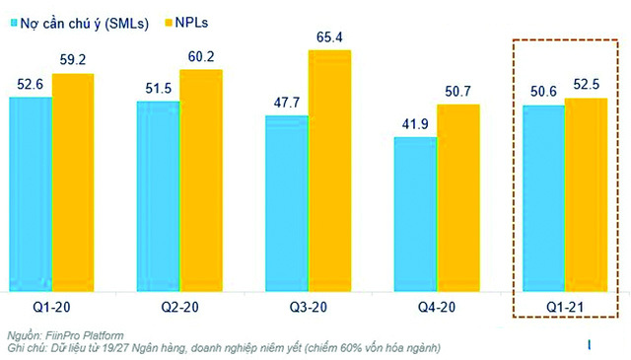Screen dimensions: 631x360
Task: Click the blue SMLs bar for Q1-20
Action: pos(31,194)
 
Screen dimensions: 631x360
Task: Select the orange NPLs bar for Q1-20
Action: pos(73,182)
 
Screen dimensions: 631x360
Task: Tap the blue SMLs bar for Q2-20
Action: pos(158,196)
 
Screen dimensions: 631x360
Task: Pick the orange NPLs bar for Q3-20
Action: pos(329,171)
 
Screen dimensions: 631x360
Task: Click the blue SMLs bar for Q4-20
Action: pos(415,214)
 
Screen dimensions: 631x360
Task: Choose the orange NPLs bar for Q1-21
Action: pos(587,194)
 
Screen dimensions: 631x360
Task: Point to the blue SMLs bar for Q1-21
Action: pos(543,198)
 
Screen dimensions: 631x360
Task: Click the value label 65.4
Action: pos(329,37)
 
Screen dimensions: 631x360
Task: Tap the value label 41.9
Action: pos(415,124)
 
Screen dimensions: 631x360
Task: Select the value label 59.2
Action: pos(73,60)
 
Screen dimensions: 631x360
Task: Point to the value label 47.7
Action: pos(287,103)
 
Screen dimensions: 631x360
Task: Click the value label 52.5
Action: pos(587,85)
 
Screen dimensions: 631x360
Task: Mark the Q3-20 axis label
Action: pos(309,308)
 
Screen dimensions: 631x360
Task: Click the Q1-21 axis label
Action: pos(565,308)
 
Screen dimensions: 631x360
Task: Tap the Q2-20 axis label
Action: pos(179,308)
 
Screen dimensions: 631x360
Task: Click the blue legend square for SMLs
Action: pos(14,23)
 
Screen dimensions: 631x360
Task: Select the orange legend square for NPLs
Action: pos(169,23)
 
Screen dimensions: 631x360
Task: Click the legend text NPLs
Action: pos(191,23)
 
